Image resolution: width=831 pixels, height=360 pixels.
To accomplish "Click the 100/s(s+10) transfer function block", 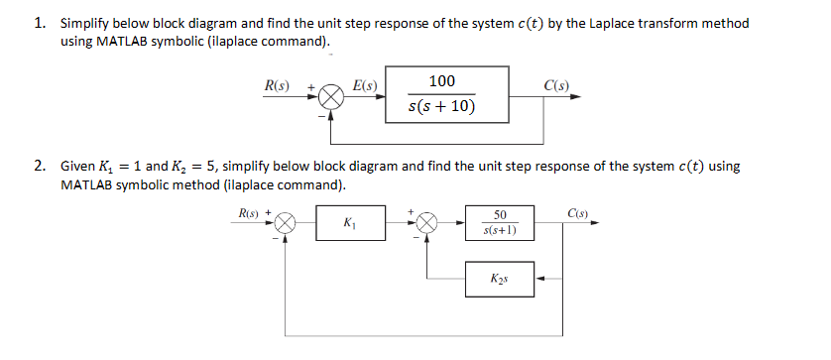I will [447, 92].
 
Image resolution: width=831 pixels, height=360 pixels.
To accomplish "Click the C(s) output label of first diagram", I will [557, 85].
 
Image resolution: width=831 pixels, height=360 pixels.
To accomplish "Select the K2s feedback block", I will [499, 278].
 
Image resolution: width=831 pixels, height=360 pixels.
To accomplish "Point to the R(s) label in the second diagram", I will [244, 212].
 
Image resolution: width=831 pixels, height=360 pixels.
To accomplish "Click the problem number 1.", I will [41, 23].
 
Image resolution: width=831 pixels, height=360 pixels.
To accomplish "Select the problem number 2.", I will [41, 167].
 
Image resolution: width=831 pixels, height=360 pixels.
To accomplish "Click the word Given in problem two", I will [79, 167].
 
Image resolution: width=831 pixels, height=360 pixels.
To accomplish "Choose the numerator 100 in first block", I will [442, 80].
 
